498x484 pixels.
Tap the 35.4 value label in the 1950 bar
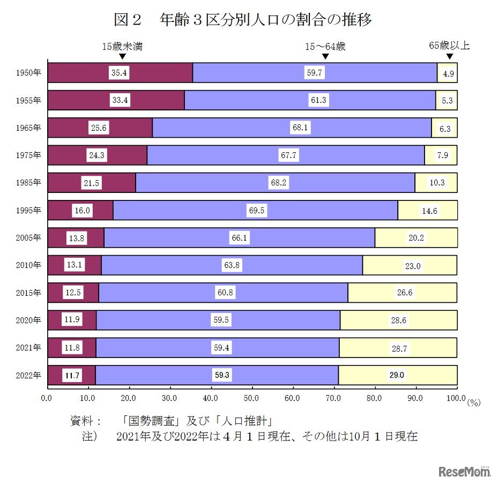(119, 73)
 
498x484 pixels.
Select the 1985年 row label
(28, 183)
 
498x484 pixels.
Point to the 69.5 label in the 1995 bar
(257, 211)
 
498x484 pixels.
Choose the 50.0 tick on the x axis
(251, 398)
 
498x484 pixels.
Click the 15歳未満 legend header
(122, 46)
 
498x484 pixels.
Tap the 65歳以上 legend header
(449, 46)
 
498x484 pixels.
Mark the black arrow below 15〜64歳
(325, 56)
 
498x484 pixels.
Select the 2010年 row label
(28, 265)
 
